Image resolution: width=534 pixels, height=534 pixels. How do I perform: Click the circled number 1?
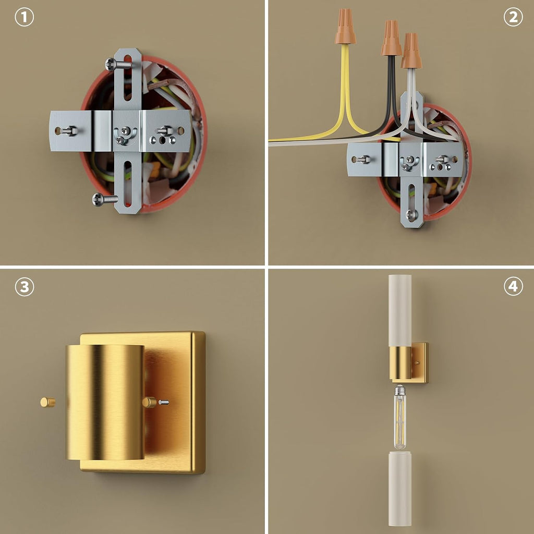(24, 17)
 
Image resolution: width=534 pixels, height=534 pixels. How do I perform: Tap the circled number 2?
(513, 17)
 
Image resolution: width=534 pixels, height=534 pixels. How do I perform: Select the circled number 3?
(24, 287)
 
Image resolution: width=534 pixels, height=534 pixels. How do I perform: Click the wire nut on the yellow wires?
(345, 27)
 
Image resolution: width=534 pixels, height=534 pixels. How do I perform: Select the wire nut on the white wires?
(411, 51)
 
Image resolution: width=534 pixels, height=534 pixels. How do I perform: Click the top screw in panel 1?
(118, 64)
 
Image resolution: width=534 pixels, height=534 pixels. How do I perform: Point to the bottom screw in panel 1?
(105, 199)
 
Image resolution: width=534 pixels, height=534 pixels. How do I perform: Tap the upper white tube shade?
(400, 310)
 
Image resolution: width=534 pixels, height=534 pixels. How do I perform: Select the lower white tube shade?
(400, 488)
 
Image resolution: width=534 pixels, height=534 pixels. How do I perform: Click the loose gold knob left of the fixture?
(47, 402)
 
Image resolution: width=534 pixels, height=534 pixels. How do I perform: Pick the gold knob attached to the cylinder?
(149, 402)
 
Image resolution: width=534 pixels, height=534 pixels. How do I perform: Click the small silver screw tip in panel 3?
(164, 402)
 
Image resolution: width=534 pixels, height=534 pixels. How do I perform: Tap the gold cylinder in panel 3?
(104, 402)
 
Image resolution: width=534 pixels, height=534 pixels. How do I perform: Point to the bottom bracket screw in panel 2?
(411, 214)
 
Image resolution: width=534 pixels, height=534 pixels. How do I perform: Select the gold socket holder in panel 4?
(400, 363)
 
